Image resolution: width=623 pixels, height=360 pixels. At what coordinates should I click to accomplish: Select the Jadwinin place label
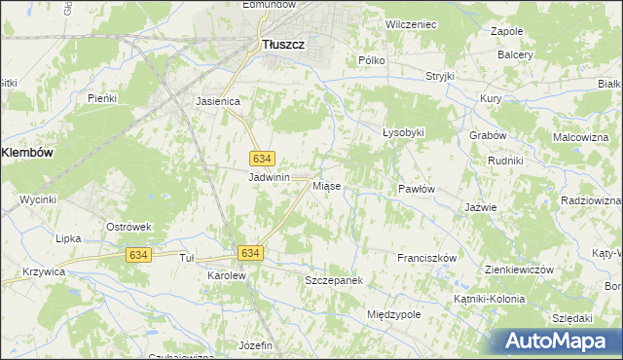point(270,177)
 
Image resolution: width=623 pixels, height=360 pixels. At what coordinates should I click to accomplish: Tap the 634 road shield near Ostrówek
point(137,254)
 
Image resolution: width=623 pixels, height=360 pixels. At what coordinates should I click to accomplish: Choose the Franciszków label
point(426,258)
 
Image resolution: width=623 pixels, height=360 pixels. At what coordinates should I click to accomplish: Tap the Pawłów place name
point(416,189)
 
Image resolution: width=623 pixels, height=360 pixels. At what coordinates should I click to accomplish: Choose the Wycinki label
point(38,199)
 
